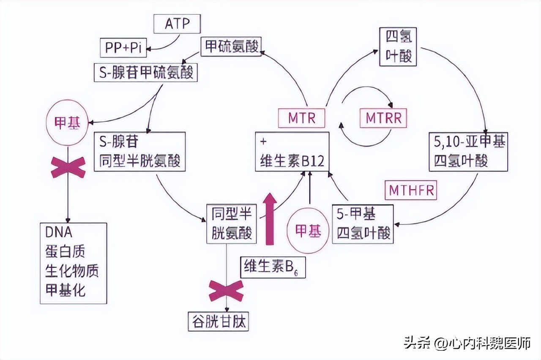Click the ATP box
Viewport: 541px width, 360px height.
coord(177,25)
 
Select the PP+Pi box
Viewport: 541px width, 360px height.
coord(123,47)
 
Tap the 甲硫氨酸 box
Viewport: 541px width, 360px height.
coord(232,46)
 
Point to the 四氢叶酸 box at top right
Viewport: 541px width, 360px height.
coord(397,46)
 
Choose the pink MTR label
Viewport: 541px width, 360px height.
coord(302,118)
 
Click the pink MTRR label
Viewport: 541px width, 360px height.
coord(383,118)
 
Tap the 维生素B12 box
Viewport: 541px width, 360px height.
coord(292,152)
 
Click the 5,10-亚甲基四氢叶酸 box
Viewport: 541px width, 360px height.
coord(467,152)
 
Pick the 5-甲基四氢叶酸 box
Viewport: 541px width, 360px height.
coord(363,224)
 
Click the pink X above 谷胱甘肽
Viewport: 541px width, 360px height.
coord(226,291)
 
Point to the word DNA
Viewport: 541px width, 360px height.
coord(58,232)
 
